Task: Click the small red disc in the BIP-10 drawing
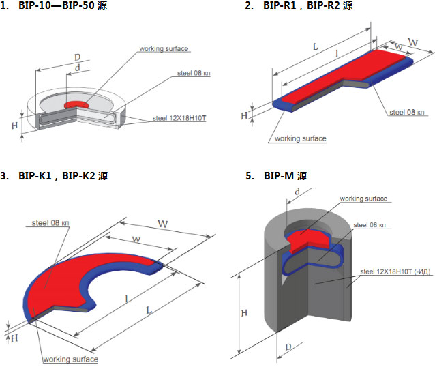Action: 76,105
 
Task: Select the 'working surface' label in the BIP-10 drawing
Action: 164,49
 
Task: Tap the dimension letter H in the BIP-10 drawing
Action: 15,126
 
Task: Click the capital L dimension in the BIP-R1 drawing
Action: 316,46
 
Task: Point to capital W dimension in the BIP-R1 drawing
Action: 412,42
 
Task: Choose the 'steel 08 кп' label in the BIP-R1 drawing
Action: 407,111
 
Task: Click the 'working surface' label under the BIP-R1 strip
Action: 300,138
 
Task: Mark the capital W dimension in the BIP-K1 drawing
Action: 162,223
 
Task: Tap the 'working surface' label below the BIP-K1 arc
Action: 70,359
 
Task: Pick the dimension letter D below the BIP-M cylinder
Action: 288,348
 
